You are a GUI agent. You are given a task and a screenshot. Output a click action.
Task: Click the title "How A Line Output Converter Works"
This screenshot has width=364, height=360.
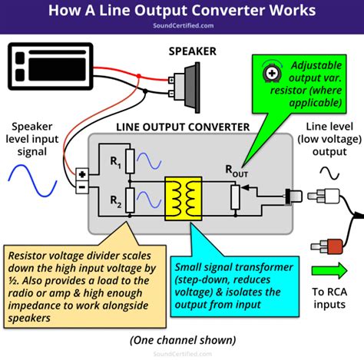click(x=181, y=12)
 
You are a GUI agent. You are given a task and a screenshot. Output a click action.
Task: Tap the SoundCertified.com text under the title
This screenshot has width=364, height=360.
click(x=181, y=26)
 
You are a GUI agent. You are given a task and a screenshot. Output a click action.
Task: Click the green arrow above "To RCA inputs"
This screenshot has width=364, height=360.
click(x=329, y=269)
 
